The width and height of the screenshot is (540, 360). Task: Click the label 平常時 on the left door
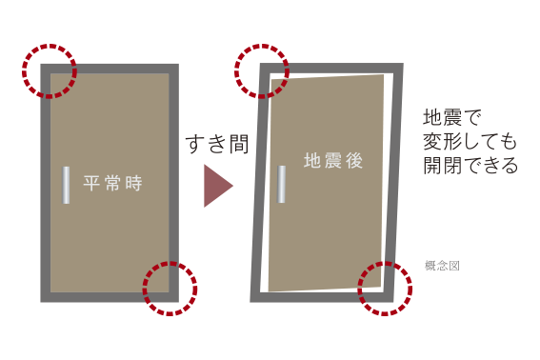coord(112,183)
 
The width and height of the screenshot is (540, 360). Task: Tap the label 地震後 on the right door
coord(333,161)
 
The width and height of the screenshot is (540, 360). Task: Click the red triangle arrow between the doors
coord(218,186)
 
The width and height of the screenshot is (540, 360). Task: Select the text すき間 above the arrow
coord(217,144)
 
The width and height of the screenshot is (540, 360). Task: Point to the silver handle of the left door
coord(66,185)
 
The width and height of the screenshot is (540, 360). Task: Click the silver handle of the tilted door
coord(282,184)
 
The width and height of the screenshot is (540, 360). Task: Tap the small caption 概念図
coord(442,266)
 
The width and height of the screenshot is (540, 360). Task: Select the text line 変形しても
coord(470,141)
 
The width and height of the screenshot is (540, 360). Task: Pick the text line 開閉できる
coord(470,165)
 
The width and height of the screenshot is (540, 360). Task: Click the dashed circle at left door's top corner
coord(50,45)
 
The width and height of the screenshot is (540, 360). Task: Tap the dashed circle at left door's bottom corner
coord(170,263)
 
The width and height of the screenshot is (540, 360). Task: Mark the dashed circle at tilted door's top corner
coord(262,45)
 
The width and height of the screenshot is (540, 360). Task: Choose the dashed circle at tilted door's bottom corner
coord(385,263)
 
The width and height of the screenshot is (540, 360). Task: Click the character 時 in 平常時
coord(133,183)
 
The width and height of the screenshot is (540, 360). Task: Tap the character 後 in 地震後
coord(354,161)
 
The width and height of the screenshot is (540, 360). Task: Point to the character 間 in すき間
coord(238,144)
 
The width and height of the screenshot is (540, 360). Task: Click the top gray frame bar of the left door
coord(110,69)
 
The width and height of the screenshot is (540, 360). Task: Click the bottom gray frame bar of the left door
coord(110,297)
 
